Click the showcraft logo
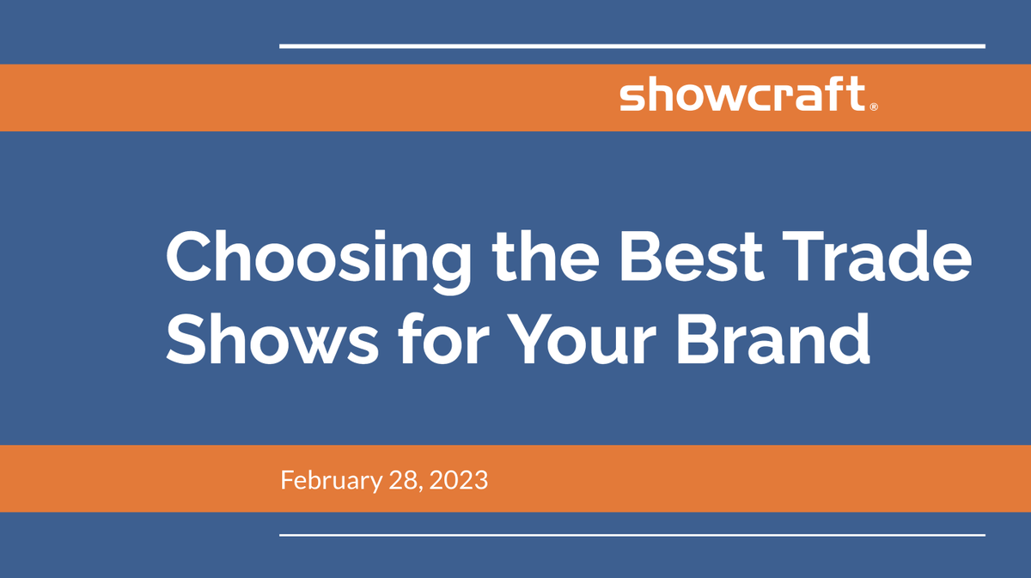tap(741, 95)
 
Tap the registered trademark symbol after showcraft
tap(874, 107)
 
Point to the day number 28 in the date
tap(400, 479)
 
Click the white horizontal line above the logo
tap(631, 46)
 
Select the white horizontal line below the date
tap(631, 535)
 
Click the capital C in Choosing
tap(187, 258)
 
